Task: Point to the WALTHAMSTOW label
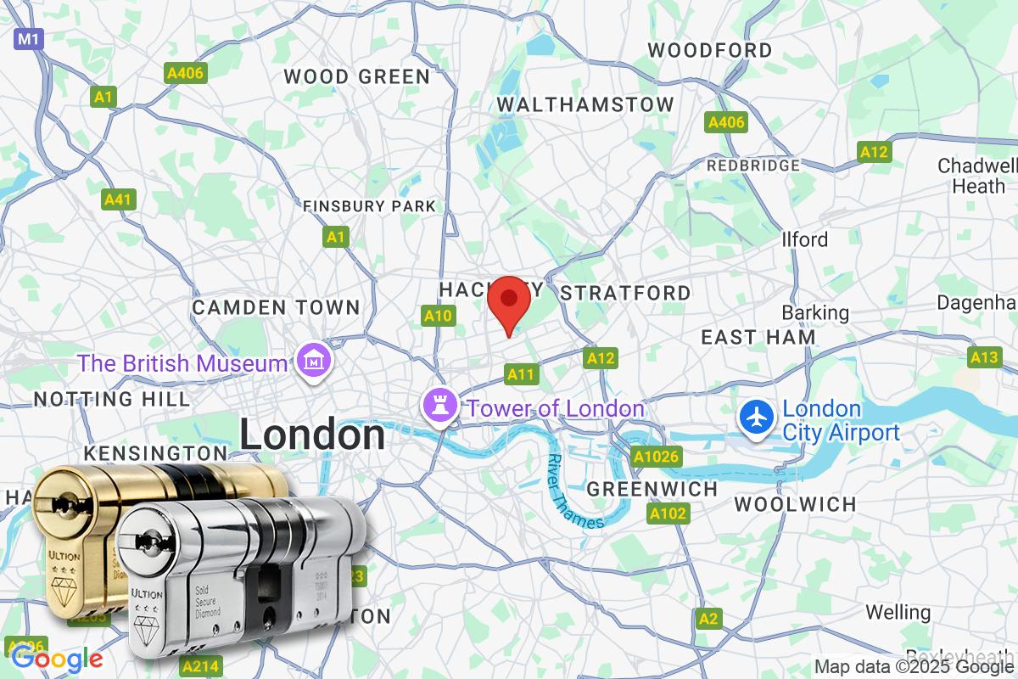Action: pyautogui.click(x=585, y=104)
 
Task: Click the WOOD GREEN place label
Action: pyautogui.click(x=357, y=76)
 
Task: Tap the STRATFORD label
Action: pyautogui.click(x=626, y=294)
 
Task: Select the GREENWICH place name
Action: pyautogui.click(x=652, y=490)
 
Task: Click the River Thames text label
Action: pyautogui.click(x=574, y=493)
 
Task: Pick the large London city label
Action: pyautogui.click(x=312, y=435)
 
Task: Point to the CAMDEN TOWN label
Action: pyautogui.click(x=277, y=307)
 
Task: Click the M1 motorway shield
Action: pyautogui.click(x=29, y=38)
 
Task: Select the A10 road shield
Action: pyautogui.click(x=439, y=317)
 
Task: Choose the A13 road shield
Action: pyautogui.click(x=984, y=357)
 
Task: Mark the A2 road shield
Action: pyautogui.click(x=709, y=620)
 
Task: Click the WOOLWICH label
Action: pyautogui.click(x=795, y=505)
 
